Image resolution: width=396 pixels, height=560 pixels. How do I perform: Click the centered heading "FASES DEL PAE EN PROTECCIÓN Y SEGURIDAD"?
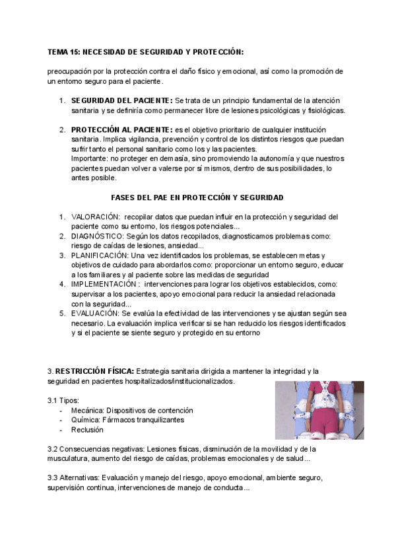(197, 197)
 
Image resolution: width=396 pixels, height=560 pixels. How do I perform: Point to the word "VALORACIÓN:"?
(95, 217)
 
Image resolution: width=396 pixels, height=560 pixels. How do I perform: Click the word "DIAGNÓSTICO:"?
(97, 236)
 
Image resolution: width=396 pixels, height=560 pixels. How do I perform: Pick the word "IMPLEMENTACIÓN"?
(102, 284)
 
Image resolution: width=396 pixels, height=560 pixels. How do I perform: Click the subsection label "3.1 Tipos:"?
(63, 400)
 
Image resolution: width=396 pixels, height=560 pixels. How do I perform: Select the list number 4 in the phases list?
(61, 284)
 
